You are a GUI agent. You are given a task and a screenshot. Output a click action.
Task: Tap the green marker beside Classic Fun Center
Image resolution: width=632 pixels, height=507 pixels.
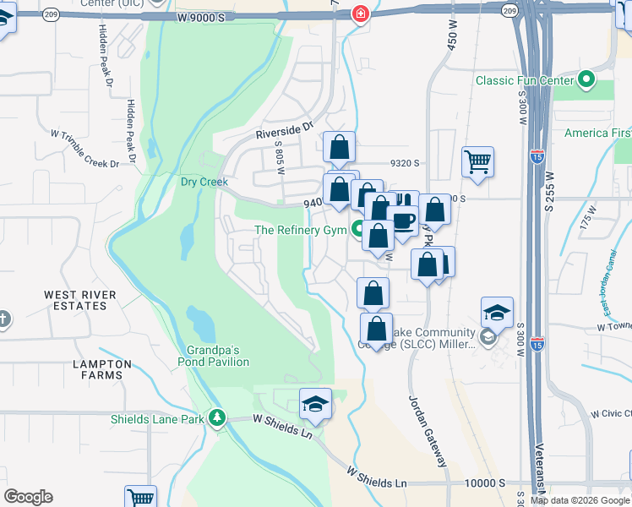[586, 82]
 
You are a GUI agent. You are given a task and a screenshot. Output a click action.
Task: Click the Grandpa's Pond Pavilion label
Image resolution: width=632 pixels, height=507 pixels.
[214, 356]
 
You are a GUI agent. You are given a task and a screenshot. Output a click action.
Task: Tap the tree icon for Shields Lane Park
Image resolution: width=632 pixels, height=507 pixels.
[218, 417]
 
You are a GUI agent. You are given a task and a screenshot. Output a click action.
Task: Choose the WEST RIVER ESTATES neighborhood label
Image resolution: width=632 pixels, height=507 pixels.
[75, 300]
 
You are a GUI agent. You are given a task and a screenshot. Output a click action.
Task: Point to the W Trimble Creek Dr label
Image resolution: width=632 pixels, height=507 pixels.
[84, 148]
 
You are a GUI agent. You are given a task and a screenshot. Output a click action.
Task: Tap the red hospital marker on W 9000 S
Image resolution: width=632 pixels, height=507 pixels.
[361, 14]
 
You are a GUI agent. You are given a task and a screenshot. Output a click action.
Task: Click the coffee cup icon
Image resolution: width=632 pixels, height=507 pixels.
[403, 221]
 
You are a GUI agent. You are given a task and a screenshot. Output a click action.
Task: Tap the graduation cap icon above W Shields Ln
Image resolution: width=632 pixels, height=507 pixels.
[315, 404]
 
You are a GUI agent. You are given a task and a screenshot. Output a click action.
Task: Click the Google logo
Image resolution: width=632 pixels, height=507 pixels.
[28, 497]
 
